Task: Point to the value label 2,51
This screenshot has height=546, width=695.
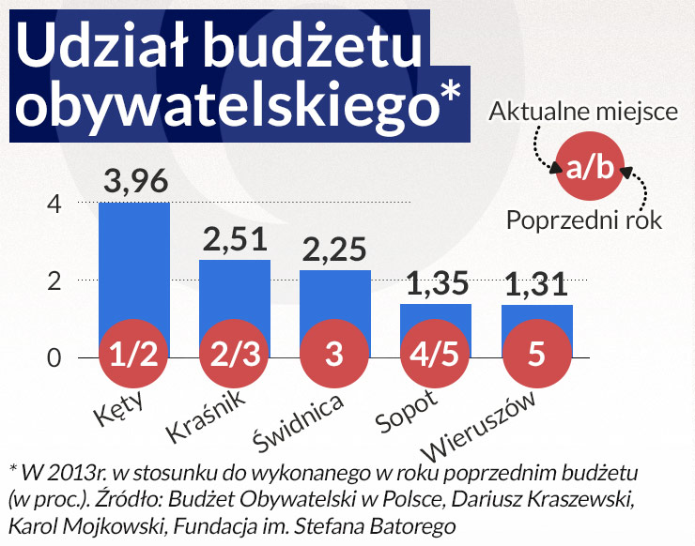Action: point(235,240)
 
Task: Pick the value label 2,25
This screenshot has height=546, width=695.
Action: point(335,250)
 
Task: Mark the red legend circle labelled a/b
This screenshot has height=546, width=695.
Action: point(590,168)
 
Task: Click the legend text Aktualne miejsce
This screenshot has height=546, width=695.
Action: point(583,114)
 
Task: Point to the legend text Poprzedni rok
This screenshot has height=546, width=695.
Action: point(584,220)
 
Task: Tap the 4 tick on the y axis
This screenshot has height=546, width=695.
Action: point(54,204)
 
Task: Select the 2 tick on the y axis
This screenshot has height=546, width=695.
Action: point(54,281)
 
